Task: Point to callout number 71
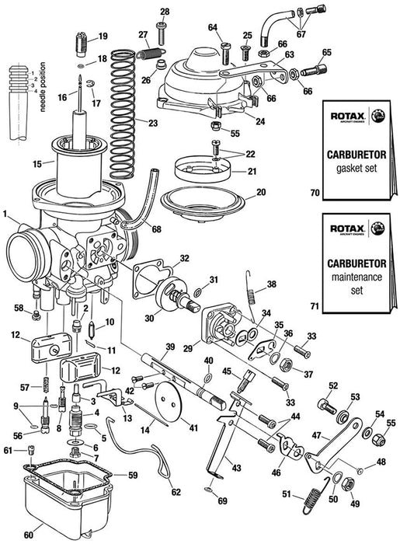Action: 314,308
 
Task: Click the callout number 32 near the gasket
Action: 184,258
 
